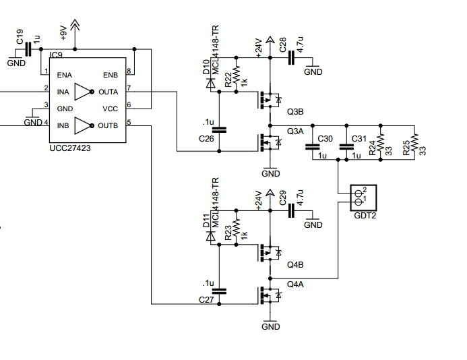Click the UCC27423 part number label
pos(70,148)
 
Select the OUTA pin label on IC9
pos(108,92)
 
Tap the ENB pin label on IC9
pos(111,75)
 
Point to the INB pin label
pos(63,126)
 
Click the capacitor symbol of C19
pos(28,49)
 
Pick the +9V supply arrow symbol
pos(75,26)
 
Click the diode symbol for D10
pos(211,84)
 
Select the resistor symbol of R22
pos(236,75)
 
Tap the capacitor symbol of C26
pos(219,129)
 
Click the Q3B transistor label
pos(295,112)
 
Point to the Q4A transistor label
pos(295,284)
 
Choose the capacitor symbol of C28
pos(291,58)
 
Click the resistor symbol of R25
pos(414,142)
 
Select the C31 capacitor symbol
pos(346,146)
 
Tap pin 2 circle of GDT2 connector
pos(359,193)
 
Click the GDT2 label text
pos(365,216)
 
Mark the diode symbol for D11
pos(211,237)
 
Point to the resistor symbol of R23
pos(236,228)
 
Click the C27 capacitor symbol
pos(219,291)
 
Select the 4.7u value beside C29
pos(300,198)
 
